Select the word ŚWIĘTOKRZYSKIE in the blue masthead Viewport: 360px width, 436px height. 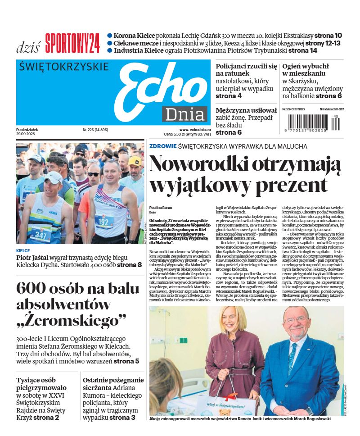tap(64, 67)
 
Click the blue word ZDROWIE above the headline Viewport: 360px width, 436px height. tap(162, 146)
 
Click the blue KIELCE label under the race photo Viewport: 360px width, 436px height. tap(23, 251)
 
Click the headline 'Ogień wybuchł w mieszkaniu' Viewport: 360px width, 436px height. tap(305, 69)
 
